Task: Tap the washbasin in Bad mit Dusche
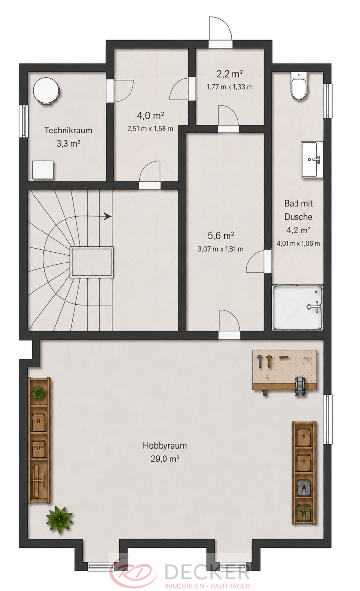[312, 160]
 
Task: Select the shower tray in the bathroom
[297, 307]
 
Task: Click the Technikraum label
[68, 131]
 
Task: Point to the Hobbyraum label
[165, 445]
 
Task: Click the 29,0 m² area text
[165, 459]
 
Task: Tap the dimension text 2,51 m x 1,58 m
[150, 129]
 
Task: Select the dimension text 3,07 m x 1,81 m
[221, 249]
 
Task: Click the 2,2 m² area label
[229, 74]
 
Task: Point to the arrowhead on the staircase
[107, 216]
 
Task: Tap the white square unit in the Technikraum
[43, 169]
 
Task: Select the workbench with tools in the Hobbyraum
[284, 370]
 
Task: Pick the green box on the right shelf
[304, 512]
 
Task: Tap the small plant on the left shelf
[38, 393]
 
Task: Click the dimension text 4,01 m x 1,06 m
[298, 243]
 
